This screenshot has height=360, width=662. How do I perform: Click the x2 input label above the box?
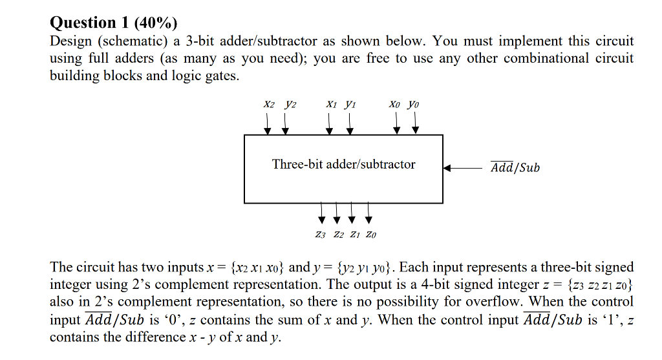(x=269, y=104)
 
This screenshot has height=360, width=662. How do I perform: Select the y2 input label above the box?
(x=289, y=104)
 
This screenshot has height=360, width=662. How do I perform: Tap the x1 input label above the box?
(x=330, y=104)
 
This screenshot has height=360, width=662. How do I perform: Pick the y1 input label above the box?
(x=350, y=104)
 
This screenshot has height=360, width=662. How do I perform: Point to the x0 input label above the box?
(x=396, y=104)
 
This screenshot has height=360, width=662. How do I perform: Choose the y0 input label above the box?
(x=415, y=104)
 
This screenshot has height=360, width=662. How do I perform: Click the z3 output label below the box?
(x=321, y=235)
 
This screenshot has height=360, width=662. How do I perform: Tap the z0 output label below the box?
(x=370, y=235)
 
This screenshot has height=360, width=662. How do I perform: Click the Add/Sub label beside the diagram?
(x=515, y=168)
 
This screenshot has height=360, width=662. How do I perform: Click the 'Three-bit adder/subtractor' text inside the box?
(x=343, y=164)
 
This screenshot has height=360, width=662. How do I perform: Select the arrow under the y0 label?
(x=415, y=123)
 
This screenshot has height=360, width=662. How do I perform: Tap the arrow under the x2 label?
(x=268, y=123)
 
